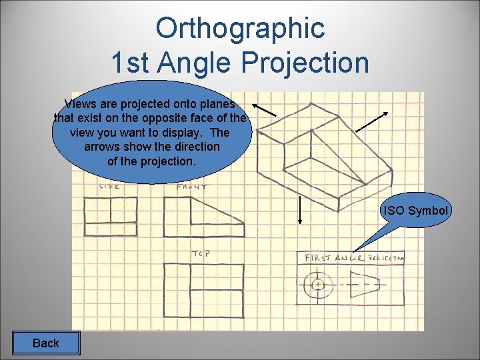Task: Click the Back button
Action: pyautogui.click(x=45, y=343)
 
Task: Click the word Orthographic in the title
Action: pyautogui.click(x=240, y=28)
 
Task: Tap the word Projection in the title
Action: pyautogui.click(x=305, y=63)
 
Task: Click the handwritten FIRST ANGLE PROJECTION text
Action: pyautogui.click(x=354, y=257)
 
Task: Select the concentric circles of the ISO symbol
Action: pyautogui.click(x=318, y=285)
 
